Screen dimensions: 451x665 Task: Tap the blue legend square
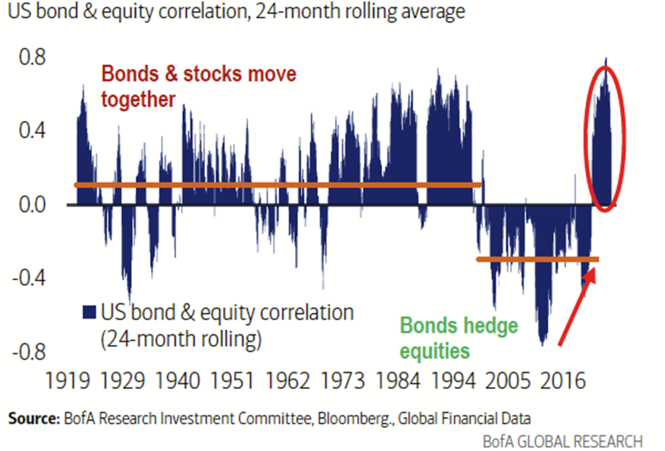coord(89,313)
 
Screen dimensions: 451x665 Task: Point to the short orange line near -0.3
coord(538,259)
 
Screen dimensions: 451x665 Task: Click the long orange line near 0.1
coord(277,185)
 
